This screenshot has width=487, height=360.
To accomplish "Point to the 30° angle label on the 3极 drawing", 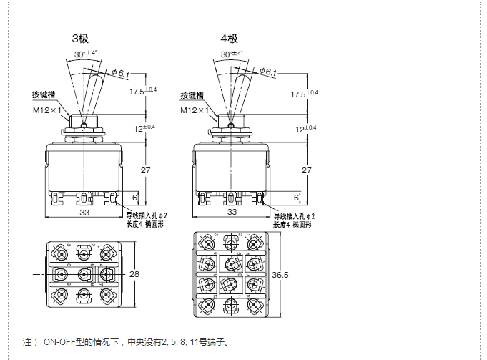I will (x=84, y=53).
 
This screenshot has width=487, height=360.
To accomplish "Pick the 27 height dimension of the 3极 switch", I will (x=145, y=170).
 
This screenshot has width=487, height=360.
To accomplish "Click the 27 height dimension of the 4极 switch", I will (x=306, y=170).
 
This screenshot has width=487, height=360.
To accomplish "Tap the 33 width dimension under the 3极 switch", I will (x=84, y=212).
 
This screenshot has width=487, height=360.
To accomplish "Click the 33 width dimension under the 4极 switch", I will (x=231, y=212).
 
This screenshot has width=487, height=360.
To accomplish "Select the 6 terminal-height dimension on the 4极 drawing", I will (x=296, y=197).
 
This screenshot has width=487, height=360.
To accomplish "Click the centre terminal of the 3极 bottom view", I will (x=85, y=273).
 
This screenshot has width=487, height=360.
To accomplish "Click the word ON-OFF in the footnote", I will (x=61, y=341).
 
